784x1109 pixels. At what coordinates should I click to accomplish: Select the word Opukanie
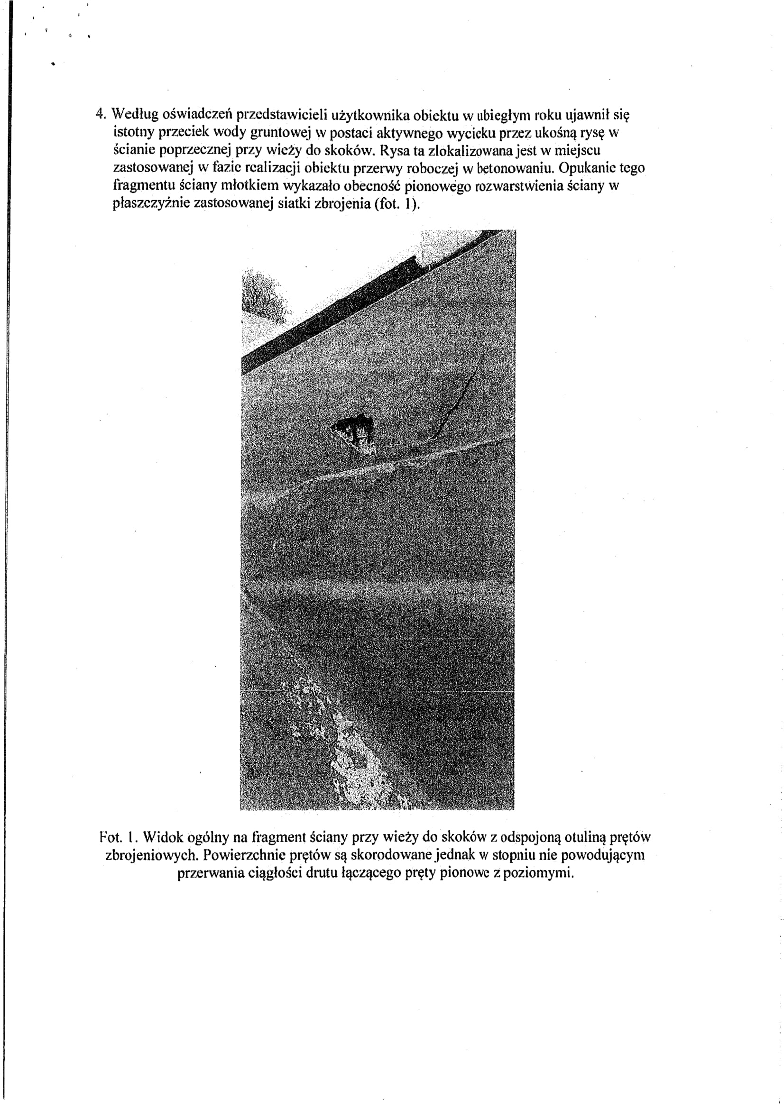586,168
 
